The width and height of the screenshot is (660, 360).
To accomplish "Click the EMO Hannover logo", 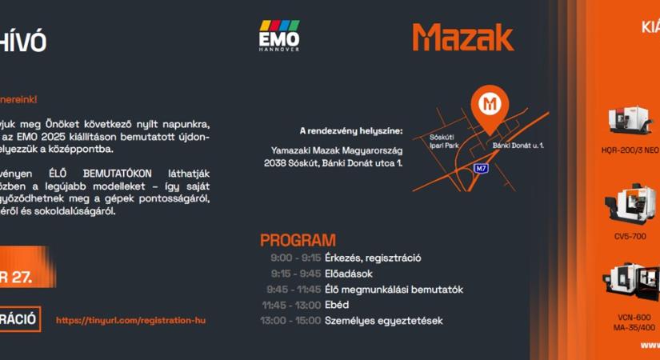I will (278, 37).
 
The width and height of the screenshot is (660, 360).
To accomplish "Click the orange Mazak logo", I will (463, 37).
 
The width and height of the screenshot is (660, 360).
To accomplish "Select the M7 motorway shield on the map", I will (481, 168).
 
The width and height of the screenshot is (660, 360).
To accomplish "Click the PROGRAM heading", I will (298, 240).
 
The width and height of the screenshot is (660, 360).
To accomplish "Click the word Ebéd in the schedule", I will (337, 305).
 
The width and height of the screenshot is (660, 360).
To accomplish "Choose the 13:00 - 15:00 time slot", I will (290, 321).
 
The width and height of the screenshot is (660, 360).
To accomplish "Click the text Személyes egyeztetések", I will (383, 321).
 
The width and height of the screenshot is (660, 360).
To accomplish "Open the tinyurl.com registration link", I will (130, 320).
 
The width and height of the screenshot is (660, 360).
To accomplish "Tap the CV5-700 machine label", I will (630, 237).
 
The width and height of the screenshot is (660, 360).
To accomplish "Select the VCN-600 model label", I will (632, 318).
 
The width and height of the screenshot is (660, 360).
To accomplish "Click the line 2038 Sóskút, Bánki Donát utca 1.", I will (333, 163).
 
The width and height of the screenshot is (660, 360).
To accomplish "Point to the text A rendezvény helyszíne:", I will (351, 131).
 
